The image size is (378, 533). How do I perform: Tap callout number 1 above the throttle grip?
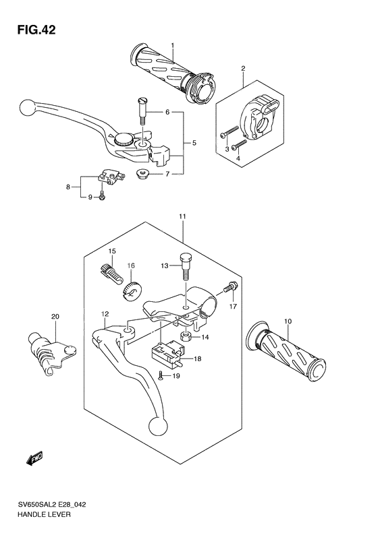click(x=173, y=45)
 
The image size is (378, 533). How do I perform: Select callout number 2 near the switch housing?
click(x=243, y=68)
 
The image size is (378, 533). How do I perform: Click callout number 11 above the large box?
click(x=182, y=216)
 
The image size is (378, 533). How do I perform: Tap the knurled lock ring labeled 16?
click(x=130, y=290)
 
